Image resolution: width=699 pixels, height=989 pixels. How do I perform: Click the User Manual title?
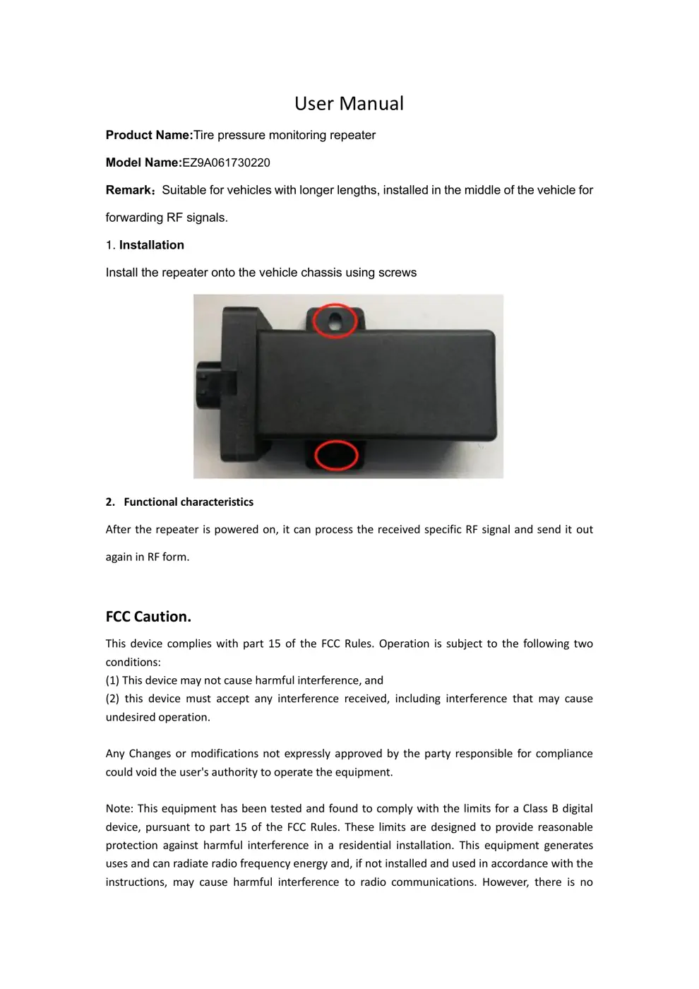[x=349, y=103]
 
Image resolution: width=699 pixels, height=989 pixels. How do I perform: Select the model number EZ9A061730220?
[x=226, y=162]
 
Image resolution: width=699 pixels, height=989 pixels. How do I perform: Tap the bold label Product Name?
[x=149, y=135]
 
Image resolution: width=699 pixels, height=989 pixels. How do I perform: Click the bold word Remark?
[x=129, y=190]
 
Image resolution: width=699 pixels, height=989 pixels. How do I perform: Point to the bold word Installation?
[x=151, y=245]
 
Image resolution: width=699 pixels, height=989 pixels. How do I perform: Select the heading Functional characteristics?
[x=188, y=502]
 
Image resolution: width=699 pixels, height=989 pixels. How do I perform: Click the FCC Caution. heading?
[x=148, y=616]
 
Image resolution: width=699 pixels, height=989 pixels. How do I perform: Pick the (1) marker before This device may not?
[x=112, y=680]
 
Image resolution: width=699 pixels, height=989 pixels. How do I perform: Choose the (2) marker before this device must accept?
[x=112, y=699]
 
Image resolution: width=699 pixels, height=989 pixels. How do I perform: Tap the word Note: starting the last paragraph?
[x=120, y=808]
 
